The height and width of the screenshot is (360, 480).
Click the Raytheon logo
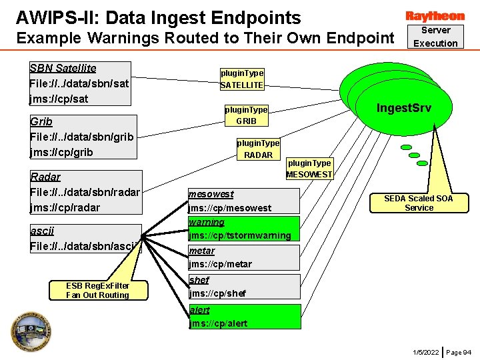coord(435,15)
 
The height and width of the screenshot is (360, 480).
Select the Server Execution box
coord(435,37)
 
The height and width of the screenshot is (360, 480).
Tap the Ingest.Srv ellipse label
coord(404,107)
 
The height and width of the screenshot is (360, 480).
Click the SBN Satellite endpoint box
coord(80,83)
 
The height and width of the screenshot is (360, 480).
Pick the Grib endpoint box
coord(83,137)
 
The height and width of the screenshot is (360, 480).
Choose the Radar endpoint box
coord(85,192)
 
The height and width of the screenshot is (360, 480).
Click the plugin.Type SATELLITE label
coord(242,79)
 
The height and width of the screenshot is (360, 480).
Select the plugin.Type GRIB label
coord(246,115)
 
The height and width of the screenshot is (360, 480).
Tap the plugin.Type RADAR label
coord(258,149)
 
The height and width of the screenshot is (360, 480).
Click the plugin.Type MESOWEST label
coord(309,169)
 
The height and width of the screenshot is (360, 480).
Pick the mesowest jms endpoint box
coord(243,201)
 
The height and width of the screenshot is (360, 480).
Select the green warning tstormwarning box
coord(243,229)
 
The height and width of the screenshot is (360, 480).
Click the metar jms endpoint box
coord(243,257)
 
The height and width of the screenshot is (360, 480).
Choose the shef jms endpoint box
coord(243,287)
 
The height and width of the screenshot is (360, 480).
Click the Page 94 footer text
coord(458,351)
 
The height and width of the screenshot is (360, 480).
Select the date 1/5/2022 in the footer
coord(425,351)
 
